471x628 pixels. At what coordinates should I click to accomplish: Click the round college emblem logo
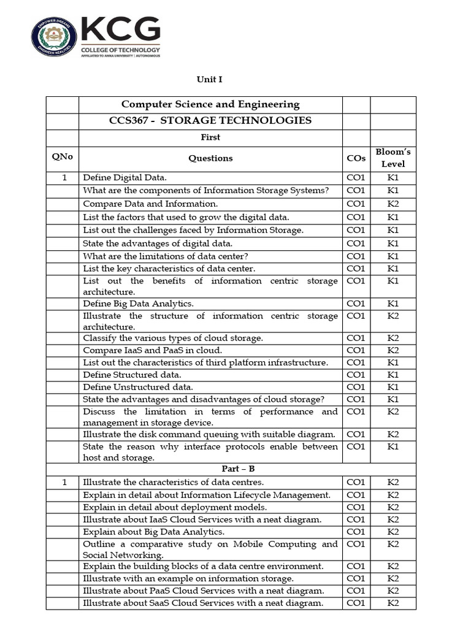pos(54,37)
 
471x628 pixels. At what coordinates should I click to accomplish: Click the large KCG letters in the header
pos(121,29)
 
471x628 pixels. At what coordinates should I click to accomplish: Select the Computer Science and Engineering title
pos(210,104)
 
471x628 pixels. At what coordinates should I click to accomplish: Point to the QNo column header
pos(62,156)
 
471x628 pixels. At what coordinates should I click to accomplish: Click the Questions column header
pos(210,158)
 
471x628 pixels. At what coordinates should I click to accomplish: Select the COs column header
pos(356,158)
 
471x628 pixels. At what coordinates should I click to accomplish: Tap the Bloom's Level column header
pos(392,158)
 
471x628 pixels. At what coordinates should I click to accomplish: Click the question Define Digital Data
pos(124,178)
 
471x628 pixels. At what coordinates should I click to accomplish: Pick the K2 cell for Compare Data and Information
pos(392,204)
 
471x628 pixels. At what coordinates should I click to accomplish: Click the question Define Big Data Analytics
pos(138,304)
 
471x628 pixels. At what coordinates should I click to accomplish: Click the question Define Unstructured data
pos(138,387)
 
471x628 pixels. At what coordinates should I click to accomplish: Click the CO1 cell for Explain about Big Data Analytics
pos(356,532)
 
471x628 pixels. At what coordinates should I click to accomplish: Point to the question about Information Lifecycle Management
pos(207,495)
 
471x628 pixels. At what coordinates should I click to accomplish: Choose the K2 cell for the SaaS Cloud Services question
pos(392,603)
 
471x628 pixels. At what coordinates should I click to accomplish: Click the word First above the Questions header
pos(210,137)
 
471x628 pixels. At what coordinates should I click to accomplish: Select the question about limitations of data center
pos(166,256)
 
